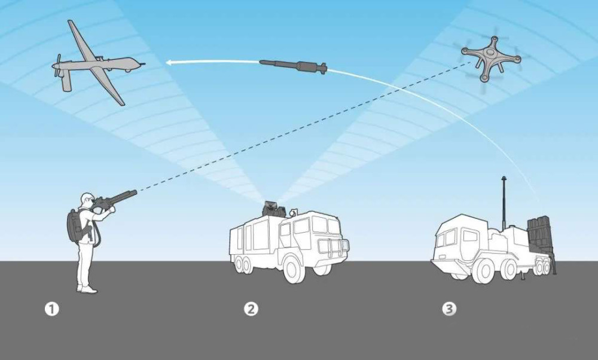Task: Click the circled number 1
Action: (x=52, y=309)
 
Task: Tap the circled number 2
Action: (x=251, y=309)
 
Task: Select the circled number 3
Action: (x=449, y=309)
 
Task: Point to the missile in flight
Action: (x=293, y=66)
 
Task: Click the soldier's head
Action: (x=87, y=200)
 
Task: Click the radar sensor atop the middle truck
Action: (x=273, y=209)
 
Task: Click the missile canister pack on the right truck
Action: (x=539, y=232)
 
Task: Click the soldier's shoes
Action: (x=87, y=289)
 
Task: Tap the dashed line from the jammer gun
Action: (x=304, y=127)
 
